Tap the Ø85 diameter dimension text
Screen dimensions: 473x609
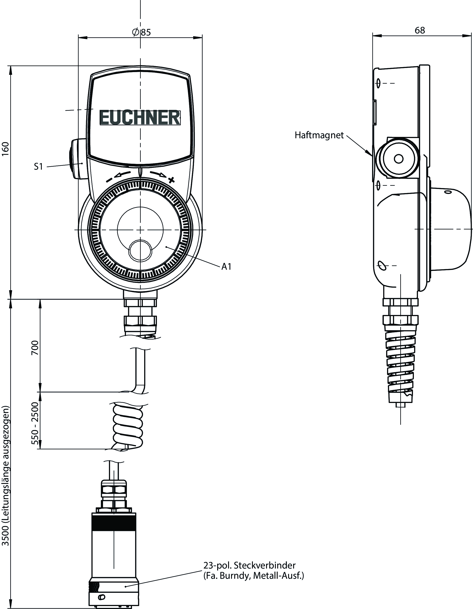[141, 32]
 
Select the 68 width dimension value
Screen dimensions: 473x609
[420, 30]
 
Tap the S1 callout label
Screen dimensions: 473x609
[38, 166]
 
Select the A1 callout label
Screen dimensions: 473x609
[226, 267]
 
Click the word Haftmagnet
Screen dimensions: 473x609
[319, 135]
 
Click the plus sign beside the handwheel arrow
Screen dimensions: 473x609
[171, 180]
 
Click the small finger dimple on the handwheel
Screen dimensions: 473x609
[140, 250]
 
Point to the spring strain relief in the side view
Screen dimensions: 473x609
[401, 365]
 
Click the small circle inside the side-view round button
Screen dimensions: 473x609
[399, 159]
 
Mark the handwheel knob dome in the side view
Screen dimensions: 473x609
[450, 229]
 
